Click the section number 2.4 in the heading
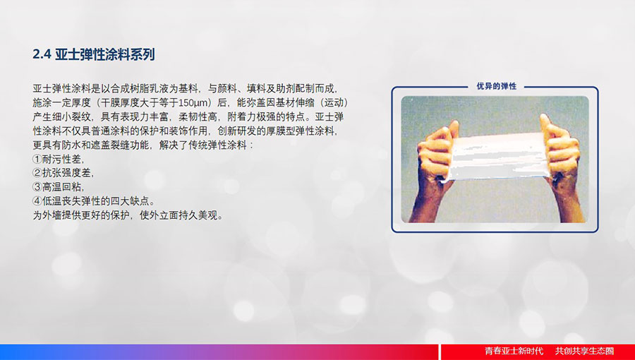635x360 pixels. pyautogui.click(x=42, y=54)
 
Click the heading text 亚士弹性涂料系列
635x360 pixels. pyautogui.click(x=105, y=54)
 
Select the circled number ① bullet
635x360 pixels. pyautogui.click(x=37, y=159)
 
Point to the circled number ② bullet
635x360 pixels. pyautogui.click(x=37, y=174)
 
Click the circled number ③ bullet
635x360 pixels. pyautogui.click(x=37, y=187)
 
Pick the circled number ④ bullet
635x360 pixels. pyautogui.click(x=37, y=201)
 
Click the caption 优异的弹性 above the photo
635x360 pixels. pyautogui.click(x=497, y=86)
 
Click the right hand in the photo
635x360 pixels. pyautogui.click(x=561, y=152)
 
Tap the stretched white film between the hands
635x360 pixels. pyautogui.click(x=500, y=156)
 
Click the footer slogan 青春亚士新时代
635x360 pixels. pyautogui.click(x=514, y=351)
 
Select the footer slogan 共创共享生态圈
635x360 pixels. pyautogui.click(x=584, y=351)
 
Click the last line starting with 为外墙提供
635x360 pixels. pyautogui.click(x=128, y=215)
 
